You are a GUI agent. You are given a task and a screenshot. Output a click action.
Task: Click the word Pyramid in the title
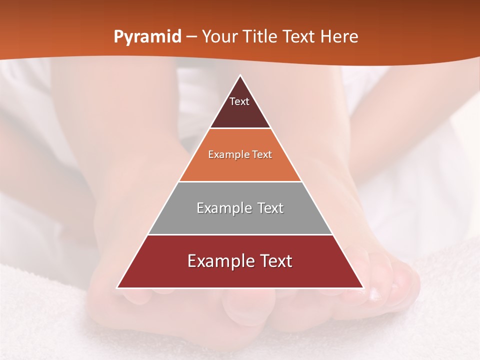click(147, 37)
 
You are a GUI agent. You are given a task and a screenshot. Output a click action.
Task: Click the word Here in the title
click(339, 37)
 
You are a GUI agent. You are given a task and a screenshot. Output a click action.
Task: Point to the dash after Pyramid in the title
click(191, 37)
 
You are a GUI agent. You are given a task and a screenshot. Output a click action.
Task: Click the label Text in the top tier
click(239, 101)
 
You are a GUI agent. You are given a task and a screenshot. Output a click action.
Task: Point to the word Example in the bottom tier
click(219, 261)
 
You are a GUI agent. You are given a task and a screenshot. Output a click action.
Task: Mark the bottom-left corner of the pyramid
click(117, 287)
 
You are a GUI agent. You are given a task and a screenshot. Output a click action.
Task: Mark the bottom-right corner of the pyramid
click(363, 287)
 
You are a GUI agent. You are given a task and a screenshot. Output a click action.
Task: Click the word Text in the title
click(301, 37)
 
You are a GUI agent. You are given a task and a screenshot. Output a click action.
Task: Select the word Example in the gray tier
click(222, 208)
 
